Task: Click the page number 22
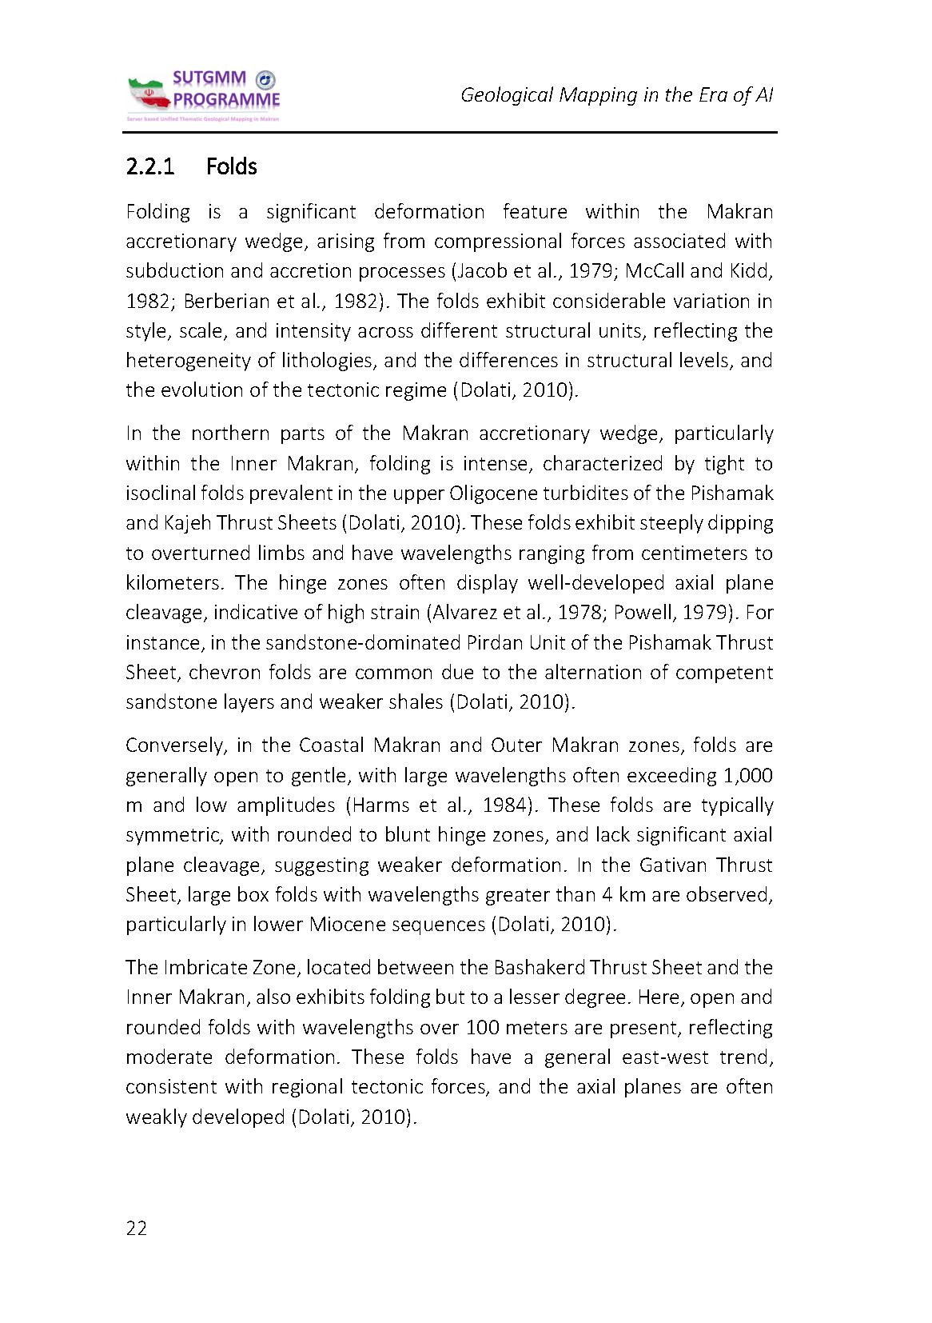pyautogui.click(x=137, y=1229)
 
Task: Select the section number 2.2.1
pyautogui.click(x=152, y=167)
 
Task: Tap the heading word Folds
pyautogui.click(x=231, y=167)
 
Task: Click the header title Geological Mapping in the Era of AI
pyautogui.click(x=616, y=95)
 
